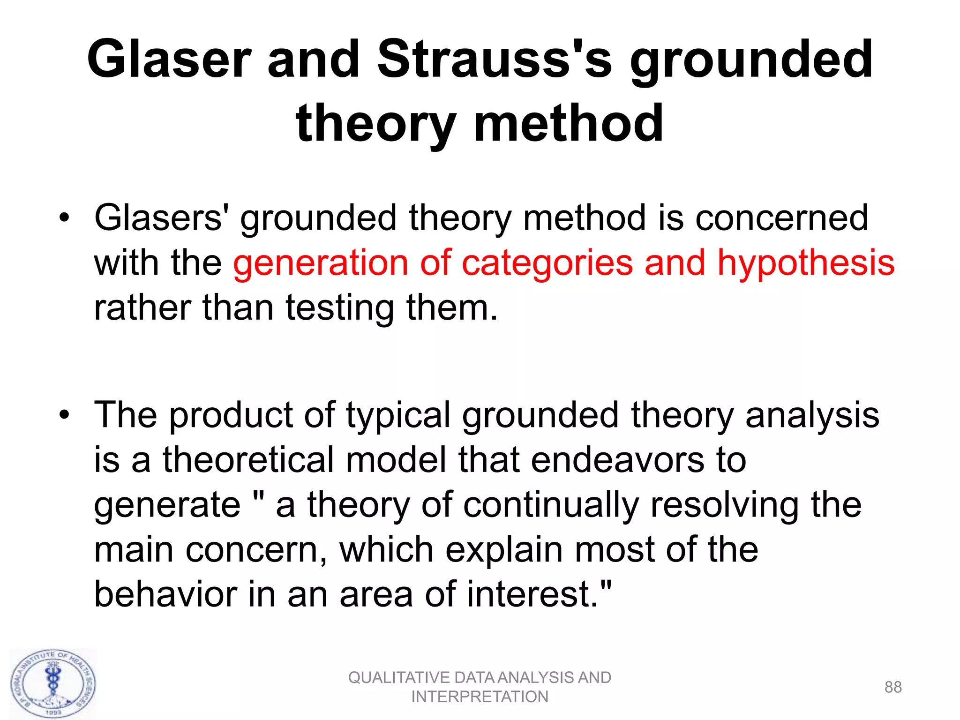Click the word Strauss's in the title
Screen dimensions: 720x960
495,60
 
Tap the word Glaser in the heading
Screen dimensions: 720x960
169,60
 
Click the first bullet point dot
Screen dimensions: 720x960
64,217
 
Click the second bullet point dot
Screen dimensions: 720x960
64,415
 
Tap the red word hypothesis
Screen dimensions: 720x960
806,263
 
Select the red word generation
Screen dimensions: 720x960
321,263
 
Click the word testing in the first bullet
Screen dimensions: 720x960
340,308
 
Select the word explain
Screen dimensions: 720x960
504,550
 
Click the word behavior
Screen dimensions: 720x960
165,594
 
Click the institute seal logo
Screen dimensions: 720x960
53,684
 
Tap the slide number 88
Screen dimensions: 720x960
892,687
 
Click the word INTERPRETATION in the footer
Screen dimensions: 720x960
480,697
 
